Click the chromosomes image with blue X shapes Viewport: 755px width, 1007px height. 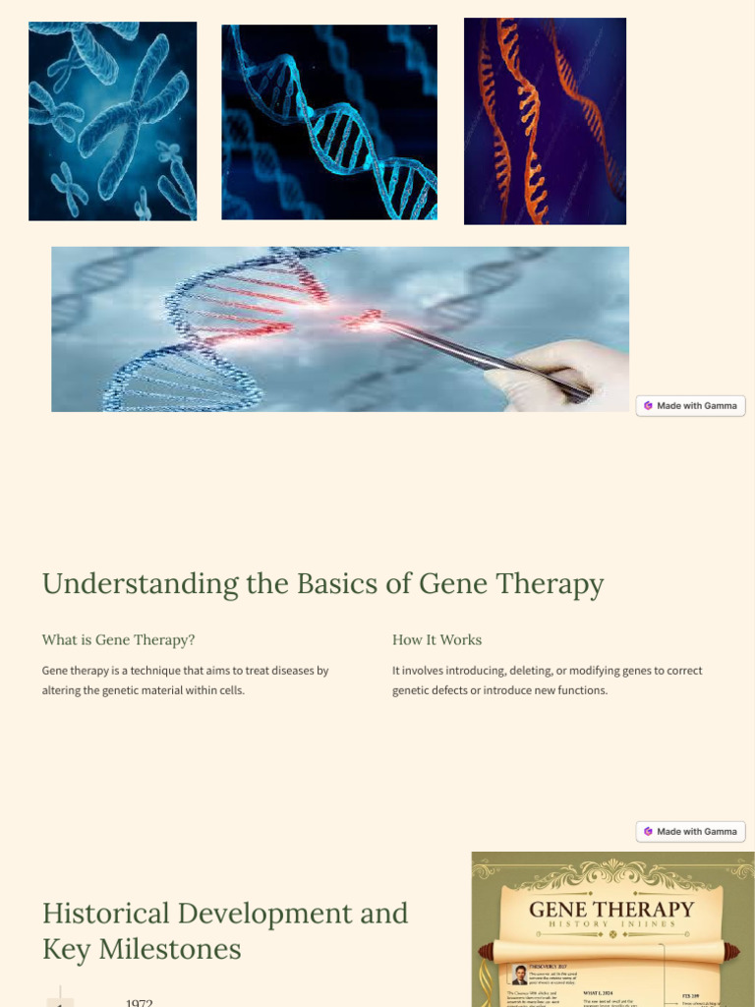[x=112, y=121]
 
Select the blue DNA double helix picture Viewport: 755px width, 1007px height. [x=329, y=122]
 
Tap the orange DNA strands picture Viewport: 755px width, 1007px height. [x=545, y=121]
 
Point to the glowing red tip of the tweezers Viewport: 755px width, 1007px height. [x=371, y=317]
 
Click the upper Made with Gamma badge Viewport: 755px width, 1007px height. [x=691, y=406]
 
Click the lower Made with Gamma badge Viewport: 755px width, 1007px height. [x=691, y=832]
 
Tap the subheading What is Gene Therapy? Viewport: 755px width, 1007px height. [x=118, y=640]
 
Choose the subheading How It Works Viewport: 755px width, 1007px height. [x=436, y=640]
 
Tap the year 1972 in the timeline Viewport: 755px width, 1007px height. [x=140, y=1002]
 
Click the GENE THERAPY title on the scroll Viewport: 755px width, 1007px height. [x=611, y=911]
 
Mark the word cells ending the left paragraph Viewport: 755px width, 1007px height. [x=229, y=690]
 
